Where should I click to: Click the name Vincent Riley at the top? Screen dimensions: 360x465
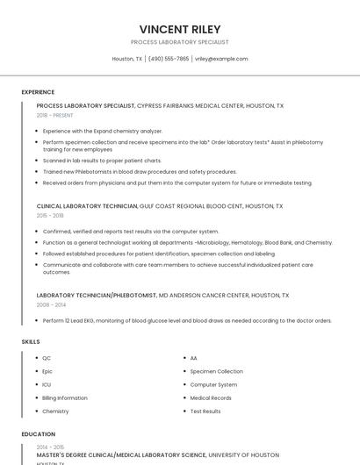(x=179, y=28)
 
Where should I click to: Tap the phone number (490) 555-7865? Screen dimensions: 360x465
(x=169, y=59)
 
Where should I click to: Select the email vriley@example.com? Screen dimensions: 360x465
(x=221, y=59)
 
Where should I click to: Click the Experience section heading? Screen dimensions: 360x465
(x=38, y=92)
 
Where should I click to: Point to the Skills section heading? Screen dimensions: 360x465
(x=31, y=340)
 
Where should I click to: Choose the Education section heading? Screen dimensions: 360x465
(x=38, y=433)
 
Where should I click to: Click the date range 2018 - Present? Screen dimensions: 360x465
(x=54, y=115)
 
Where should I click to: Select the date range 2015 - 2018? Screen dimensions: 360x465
(x=50, y=215)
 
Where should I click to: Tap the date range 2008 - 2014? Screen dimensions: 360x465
(x=50, y=304)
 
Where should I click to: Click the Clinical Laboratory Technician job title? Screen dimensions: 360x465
(x=87, y=205)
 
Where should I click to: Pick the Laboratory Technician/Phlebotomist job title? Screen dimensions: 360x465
(x=97, y=296)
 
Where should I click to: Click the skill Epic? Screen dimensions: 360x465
(x=47, y=371)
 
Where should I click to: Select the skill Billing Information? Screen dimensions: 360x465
(x=64, y=397)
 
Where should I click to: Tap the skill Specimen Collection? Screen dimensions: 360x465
(x=216, y=371)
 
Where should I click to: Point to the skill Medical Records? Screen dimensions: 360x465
(x=211, y=397)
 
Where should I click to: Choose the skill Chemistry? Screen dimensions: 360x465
(x=55, y=411)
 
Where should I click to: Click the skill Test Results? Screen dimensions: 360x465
(x=205, y=411)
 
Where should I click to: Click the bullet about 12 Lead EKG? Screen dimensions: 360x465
(x=186, y=320)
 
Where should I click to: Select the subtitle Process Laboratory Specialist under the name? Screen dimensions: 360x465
(x=179, y=42)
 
